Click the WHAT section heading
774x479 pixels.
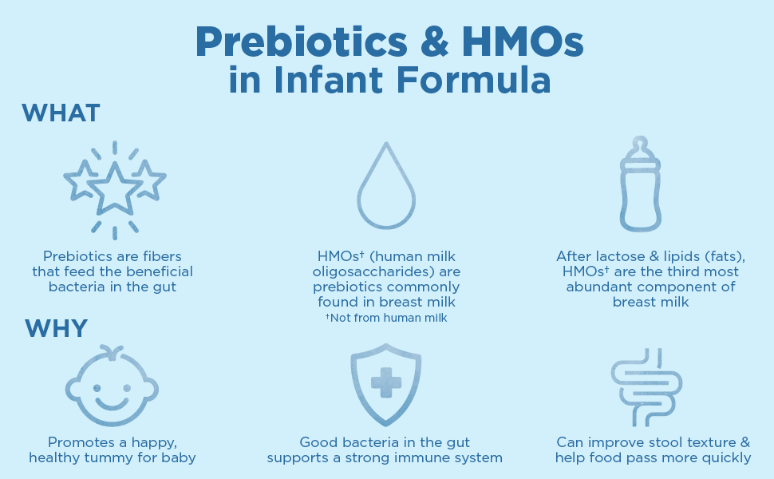coord(61,113)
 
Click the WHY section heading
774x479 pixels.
coord(57,328)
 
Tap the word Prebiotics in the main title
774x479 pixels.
coord(302,43)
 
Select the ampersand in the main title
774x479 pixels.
coord(434,42)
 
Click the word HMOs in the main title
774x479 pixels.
coord(523,42)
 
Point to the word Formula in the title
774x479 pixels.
coord(473,79)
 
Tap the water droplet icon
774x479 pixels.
coord(386,186)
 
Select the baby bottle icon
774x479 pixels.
coord(640,184)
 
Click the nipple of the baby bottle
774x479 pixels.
coord(640,144)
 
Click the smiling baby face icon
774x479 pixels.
coord(112,386)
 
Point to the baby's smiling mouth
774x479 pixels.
coord(112,403)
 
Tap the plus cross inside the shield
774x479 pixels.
coord(386,382)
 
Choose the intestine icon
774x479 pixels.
coord(646,387)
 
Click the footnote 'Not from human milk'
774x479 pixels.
coord(386,318)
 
